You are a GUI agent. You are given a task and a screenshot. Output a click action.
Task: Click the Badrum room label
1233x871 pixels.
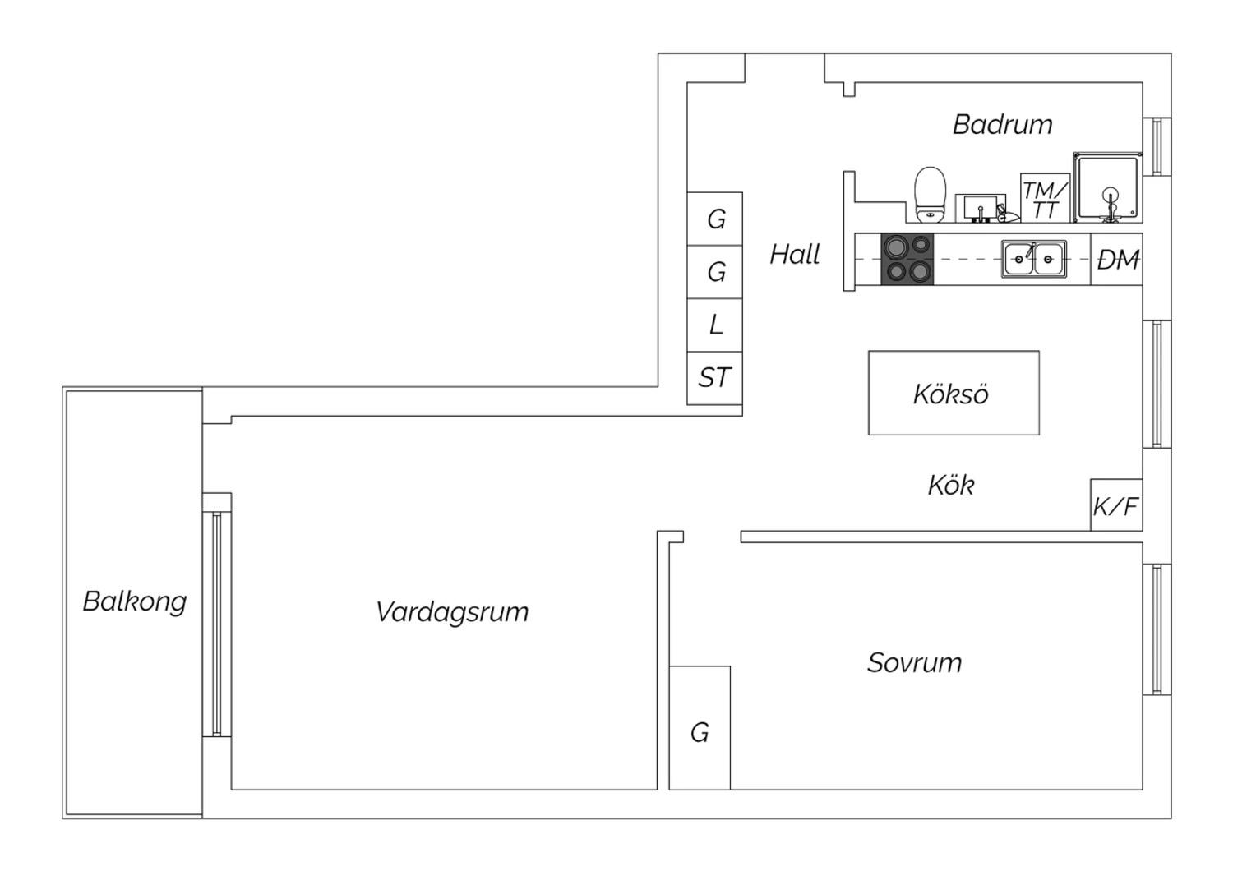click(1002, 124)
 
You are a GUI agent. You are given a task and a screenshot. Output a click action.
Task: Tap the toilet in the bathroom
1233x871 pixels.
click(930, 195)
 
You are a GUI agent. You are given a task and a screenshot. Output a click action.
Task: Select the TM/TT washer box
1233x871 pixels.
click(1046, 198)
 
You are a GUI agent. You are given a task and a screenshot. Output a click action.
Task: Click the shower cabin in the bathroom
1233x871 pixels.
click(1107, 187)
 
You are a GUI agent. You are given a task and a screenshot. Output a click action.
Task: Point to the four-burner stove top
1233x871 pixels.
click(907, 259)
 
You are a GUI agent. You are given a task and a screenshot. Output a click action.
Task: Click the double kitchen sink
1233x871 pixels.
click(1034, 259)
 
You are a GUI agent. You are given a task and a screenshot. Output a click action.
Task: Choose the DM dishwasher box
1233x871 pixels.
click(1116, 259)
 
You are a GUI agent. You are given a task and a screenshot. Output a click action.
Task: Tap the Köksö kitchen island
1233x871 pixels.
click(954, 393)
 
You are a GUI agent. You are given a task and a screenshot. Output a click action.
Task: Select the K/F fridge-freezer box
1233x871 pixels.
click(1116, 505)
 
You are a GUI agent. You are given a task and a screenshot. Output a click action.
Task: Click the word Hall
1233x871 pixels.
click(795, 254)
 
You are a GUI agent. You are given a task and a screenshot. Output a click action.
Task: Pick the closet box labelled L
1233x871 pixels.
click(714, 325)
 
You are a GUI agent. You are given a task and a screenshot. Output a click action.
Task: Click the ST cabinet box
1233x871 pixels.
click(714, 379)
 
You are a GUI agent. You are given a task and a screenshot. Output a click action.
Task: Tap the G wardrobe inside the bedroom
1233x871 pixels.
click(700, 728)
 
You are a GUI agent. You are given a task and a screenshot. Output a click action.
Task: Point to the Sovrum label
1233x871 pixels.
click(915, 662)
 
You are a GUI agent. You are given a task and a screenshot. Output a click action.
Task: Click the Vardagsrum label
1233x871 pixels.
click(452, 612)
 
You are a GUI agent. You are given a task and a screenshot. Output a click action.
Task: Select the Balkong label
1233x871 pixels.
click(135, 601)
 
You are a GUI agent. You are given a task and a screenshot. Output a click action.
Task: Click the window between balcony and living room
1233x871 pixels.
click(217, 624)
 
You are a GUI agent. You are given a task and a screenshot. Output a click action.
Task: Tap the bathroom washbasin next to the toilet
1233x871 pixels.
click(981, 208)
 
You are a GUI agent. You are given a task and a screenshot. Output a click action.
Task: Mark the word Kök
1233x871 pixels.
click(951, 486)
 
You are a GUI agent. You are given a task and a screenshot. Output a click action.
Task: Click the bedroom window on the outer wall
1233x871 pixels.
click(1157, 629)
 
